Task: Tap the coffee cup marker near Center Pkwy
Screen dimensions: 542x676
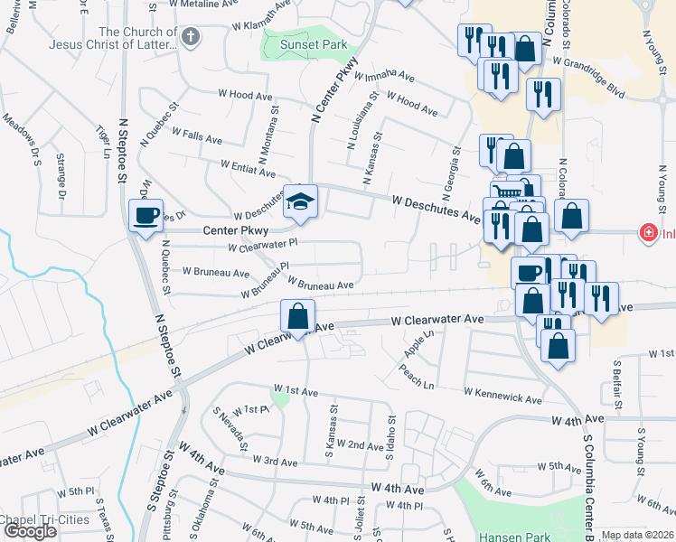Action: (x=146, y=216)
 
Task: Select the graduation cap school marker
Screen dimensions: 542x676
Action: (x=300, y=202)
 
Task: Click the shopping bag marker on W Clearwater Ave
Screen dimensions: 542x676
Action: (x=297, y=317)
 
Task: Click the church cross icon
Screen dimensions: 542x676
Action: (x=190, y=37)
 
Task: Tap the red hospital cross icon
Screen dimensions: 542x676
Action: (x=647, y=233)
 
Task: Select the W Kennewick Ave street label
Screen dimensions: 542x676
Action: (x=502, y=395)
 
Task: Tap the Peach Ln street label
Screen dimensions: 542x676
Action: (x=418, y=378)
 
